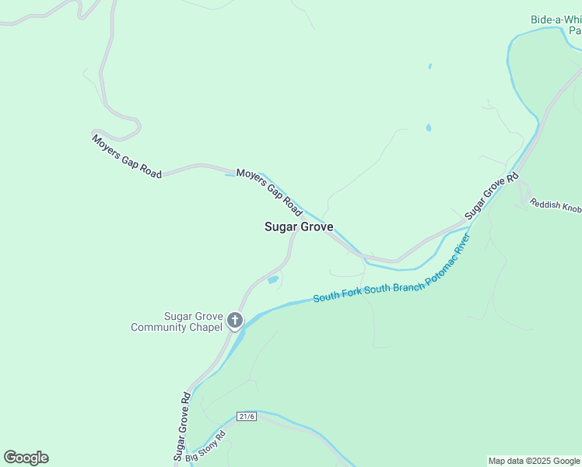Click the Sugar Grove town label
pos(299,227)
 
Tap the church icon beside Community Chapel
pos(235,321)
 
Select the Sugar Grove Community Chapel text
pos(177,321)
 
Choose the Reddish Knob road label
pos(556,205)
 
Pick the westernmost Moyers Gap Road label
pos(127,156)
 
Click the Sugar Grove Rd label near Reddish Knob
pos(492,195)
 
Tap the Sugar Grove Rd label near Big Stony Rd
pos(181,425)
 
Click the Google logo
pos(26,458)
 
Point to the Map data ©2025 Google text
pos(534,461)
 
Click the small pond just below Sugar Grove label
pos(273,280)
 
